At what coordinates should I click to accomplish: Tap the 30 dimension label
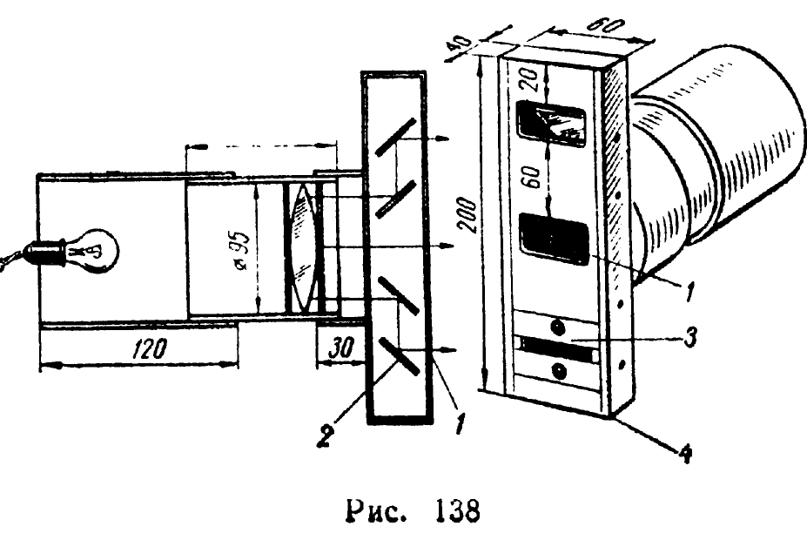click(333, 348)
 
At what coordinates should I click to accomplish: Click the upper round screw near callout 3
click(557, 327)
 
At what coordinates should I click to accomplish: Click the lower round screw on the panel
click(558, 372)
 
